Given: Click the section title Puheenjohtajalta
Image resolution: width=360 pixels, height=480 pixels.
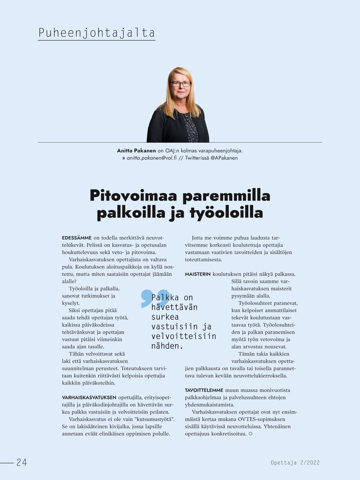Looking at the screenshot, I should [x=96, y=33].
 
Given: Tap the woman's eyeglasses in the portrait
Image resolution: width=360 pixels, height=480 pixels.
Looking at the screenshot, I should [x=180, y=84].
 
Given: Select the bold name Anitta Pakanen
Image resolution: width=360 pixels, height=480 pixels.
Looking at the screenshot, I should [x=136, y=151].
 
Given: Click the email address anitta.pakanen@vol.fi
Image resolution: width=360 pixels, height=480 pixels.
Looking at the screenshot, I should [x=152, y=158].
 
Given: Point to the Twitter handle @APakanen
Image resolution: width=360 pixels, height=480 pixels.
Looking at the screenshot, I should [x=224, y=158].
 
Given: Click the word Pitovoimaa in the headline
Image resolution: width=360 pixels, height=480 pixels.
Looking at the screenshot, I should [x=133, y=195].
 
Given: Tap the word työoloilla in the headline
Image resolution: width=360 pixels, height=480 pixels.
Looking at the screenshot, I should [x=226, y=213].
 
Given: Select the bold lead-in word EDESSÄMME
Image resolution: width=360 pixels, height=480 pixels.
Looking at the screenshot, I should [x=77, y=238].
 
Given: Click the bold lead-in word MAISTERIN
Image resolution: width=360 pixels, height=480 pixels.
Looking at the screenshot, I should [x=198, y=274].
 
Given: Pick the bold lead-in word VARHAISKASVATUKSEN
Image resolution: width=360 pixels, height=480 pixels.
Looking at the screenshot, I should [x=89, y=398].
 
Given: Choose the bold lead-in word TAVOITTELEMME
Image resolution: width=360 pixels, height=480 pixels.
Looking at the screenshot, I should [x=204, y=390].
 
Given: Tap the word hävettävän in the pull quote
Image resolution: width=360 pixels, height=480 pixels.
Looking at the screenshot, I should [x=174, y=307].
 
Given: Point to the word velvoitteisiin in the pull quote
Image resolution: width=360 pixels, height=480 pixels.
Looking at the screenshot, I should [x=184, y=336].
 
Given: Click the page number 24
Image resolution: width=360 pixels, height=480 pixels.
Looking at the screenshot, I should [x=22, y=462].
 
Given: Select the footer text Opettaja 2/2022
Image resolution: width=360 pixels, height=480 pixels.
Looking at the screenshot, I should [x=295, y=463].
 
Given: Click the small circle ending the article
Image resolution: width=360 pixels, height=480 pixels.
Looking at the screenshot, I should [x=251, y=434].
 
